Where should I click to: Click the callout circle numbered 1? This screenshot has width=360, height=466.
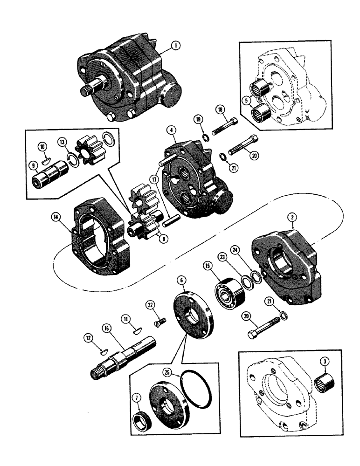click(175, 46)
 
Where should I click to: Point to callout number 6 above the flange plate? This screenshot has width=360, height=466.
click(182, 281)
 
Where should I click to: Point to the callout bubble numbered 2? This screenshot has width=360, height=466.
click(291, 217)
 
